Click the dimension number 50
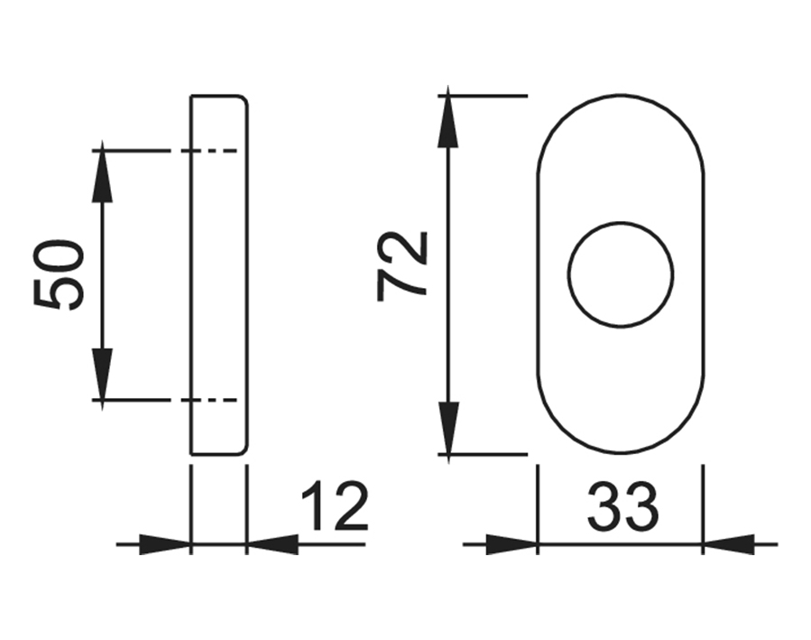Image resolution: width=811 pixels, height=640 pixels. tap(60, 275)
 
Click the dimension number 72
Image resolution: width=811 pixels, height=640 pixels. tap(403, 266)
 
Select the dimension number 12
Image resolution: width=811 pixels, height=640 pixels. tap(334, 507)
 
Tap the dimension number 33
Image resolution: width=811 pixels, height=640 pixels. tap(622, 507)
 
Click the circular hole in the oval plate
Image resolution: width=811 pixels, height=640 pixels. tap(621, 274)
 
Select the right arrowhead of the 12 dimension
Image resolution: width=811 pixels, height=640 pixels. tap(272, 544)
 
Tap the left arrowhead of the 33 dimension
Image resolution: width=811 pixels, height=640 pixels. tap(511, 544)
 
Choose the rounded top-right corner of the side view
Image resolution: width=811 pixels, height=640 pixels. tap(243, 99)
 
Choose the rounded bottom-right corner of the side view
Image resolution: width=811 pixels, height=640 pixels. tap(243, 449)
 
